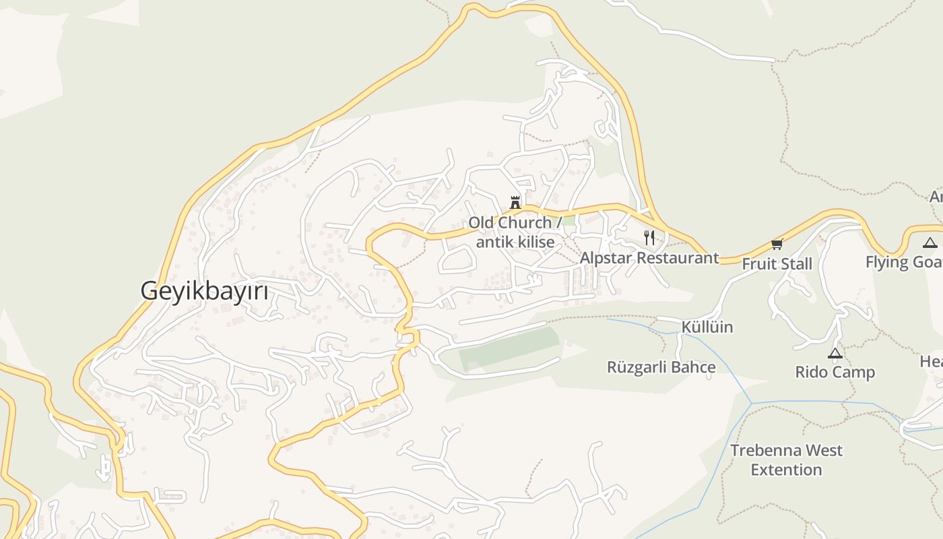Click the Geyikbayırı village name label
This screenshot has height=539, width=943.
click(x=204, y=291)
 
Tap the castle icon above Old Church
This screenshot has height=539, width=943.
click(x=515, y=202)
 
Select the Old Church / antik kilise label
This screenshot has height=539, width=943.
click(x=515, y=232)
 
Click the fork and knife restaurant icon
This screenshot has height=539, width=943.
click(x=649, y=237)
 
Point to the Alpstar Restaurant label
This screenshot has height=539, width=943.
click(x=649, y=258)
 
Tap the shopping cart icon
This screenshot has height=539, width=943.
click(x=777, y=244)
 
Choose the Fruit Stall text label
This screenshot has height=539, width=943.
click(x=777, y=263)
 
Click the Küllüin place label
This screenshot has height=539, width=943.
click(x=707, y=327)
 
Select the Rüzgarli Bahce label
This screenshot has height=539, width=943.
click(x=661, y=367)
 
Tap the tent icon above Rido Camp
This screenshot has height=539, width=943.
click(x=835, y=353)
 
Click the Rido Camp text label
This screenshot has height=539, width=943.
click(x=835, y=372)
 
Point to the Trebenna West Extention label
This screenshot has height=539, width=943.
click(x=787, y=459)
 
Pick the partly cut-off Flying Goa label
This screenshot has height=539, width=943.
click(x=904, y=262)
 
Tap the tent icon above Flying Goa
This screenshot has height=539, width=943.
click(x=930, y=243)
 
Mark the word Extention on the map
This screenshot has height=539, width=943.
click(x=787, y=470)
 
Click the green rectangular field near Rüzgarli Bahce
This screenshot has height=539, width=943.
click(x=509, y=348)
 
